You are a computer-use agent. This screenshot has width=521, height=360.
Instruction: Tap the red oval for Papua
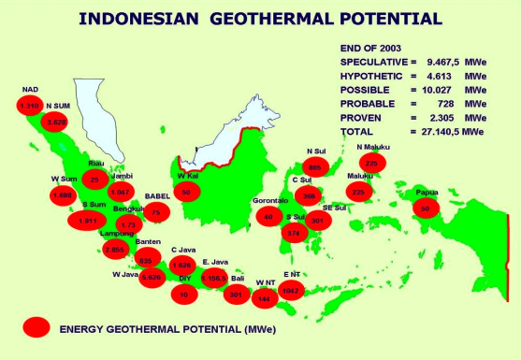click(x=425, y=209)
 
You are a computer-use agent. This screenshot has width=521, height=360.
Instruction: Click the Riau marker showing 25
click(x=94, y=180)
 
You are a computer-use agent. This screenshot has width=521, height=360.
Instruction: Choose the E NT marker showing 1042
click(x=292, y=291)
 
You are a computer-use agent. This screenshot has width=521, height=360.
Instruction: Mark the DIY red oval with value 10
click(x=184, y=294)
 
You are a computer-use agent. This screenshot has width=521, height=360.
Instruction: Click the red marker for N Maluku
click(x=373, y=162)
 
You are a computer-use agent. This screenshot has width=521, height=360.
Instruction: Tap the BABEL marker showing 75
click(x=156, y=212)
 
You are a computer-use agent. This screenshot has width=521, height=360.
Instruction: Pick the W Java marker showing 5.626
click(x=152, y=278)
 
